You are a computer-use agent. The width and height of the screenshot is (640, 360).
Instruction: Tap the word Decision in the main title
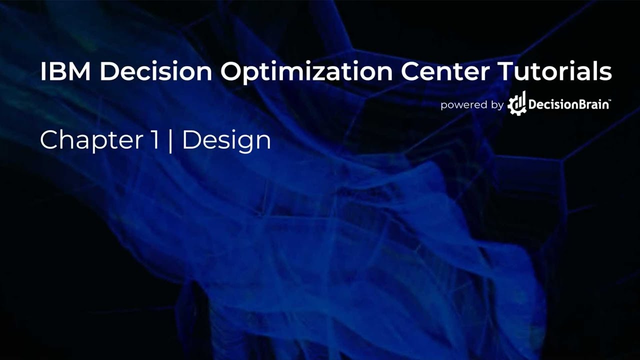156,72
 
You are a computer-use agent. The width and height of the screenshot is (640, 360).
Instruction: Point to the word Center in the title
445,72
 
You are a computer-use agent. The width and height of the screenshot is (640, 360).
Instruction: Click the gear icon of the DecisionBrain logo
517,104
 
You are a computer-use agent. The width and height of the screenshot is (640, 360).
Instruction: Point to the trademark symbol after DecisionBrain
608,101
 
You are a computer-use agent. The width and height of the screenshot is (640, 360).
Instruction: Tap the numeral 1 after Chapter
155,140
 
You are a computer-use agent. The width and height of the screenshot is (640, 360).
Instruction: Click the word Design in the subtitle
226,141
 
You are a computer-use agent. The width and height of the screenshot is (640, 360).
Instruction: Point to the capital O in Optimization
231,72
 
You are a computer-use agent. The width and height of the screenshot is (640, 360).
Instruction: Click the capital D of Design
191,140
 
